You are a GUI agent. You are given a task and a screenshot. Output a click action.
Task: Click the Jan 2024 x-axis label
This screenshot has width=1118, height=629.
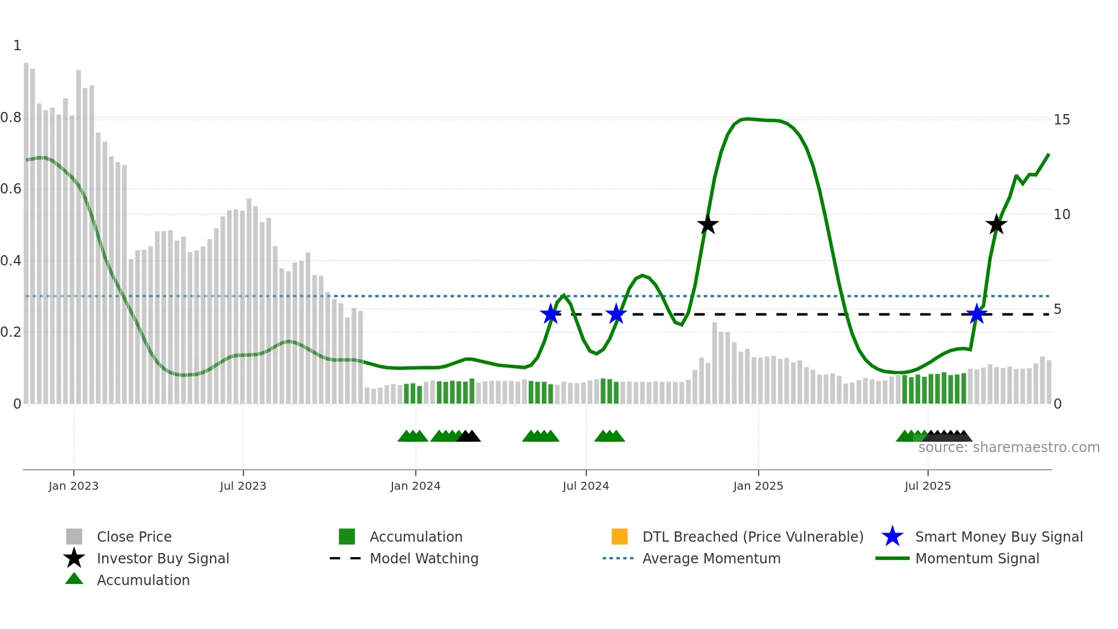pos(415,486)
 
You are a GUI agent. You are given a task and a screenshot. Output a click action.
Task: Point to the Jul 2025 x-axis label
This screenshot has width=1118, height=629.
pos(927,486)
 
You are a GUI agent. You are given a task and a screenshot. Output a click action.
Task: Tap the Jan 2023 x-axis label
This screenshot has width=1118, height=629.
pos(73,486)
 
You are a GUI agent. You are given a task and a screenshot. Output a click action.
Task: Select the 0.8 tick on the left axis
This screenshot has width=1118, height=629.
pos(11,118)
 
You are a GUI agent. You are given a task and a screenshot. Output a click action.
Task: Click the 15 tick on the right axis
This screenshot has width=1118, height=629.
pos(1062,120)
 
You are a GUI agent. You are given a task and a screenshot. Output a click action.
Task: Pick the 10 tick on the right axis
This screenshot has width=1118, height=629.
pos(1062,215)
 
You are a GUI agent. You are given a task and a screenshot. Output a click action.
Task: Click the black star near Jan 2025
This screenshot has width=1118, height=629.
pos(707,225)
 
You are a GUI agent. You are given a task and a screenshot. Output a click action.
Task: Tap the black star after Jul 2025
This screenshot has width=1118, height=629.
pos(996,225)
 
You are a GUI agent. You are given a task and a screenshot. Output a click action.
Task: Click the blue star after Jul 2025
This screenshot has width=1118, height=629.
pos(977,314)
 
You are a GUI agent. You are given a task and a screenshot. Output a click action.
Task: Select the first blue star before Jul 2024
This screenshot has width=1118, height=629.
pos(550,314)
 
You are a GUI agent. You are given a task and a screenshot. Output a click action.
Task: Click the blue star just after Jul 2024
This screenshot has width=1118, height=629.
pos(616,314)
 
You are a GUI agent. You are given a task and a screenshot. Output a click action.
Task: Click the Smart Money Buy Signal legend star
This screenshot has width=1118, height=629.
pos(892,537)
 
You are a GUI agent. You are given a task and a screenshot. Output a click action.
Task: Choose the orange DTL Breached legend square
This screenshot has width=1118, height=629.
pos(619,537)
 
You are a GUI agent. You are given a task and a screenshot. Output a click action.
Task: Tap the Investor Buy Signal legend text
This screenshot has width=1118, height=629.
pos(163,558)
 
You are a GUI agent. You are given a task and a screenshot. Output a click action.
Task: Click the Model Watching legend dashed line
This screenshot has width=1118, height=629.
pos(345,558)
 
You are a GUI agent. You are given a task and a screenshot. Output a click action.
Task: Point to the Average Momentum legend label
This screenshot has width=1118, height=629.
pos(711,558)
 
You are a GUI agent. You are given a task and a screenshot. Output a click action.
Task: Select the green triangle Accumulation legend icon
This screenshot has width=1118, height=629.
pos(74,579)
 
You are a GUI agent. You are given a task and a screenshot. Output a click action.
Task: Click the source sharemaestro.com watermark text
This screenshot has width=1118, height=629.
pos(1008,447)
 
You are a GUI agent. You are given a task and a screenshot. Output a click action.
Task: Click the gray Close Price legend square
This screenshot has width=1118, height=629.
pos(74,537)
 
